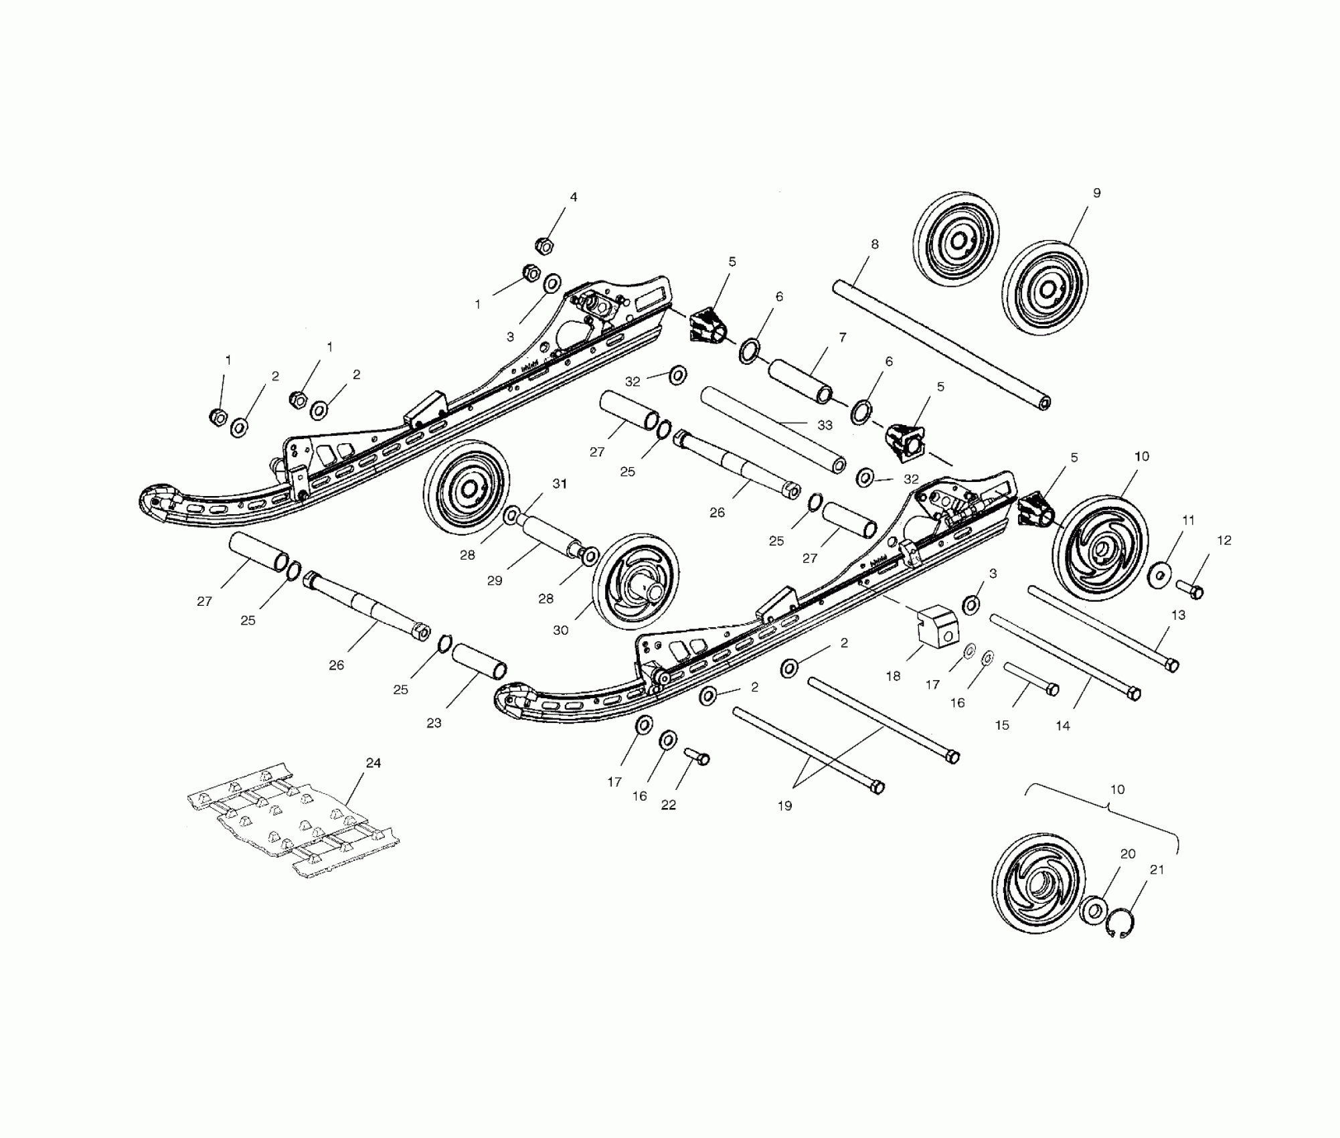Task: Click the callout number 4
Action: (x=573, y=197)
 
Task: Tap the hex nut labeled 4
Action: (x=545, y=246)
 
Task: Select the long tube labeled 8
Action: (x=940, y=344)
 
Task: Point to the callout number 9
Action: (x=1096, y=193)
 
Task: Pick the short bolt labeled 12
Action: (x=1189, y=590)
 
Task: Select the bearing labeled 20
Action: (x=1096, y=910)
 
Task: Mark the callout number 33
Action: (x=825, y=425)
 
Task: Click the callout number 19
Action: (x=784, y=806)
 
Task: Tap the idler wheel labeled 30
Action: (x=635, y=582)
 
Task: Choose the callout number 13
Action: (x=1178, y=615)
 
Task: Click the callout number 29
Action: (x=494, y=580)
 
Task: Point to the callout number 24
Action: (x=373, y=763)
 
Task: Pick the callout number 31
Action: (x=560, y=483)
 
